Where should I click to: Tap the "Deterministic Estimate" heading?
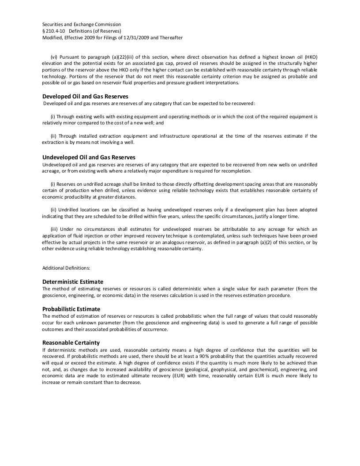click(x=73, y=282)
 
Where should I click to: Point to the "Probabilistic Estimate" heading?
click(x=71, y=309)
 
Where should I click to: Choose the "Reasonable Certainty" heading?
click(x=71, y=342)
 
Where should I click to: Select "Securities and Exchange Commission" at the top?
click(x=82, y=24)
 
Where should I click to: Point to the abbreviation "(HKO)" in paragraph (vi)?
click(x=309, y=57)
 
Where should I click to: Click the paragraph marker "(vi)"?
click(x=54, y=57)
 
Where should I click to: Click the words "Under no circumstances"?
click(x=86, y=229)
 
